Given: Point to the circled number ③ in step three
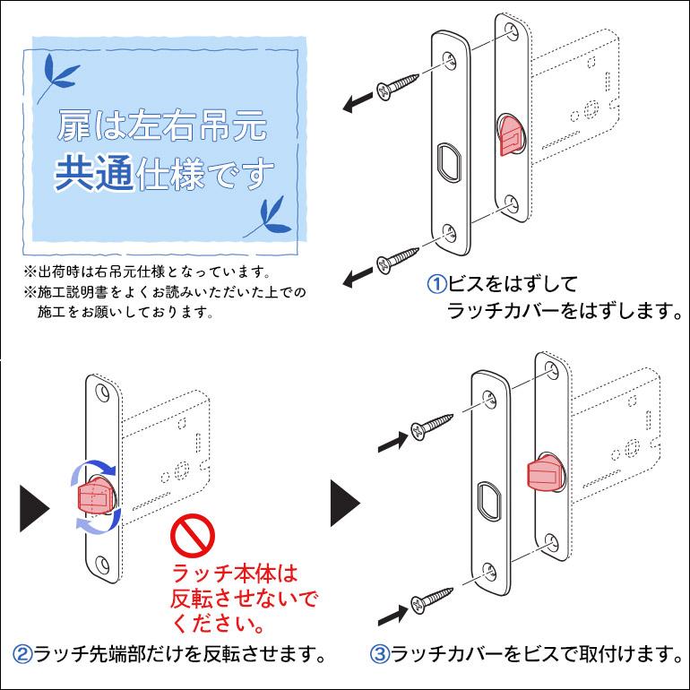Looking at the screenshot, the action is coord(381,652).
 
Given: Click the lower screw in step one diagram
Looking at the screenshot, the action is coord(401,258).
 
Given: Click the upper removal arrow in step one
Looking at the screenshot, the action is coord(358,103).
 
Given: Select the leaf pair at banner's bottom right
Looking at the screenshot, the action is coord(270,216).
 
